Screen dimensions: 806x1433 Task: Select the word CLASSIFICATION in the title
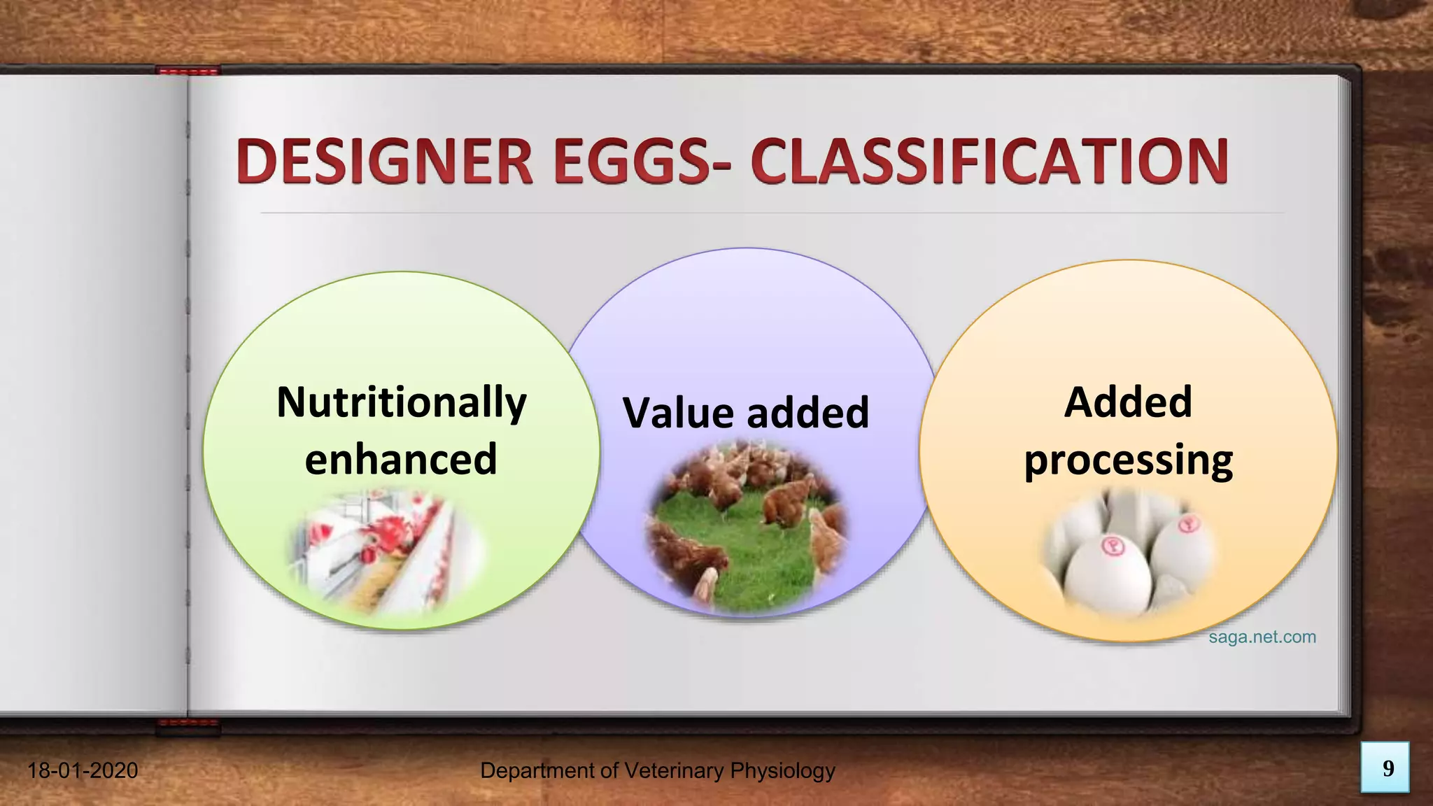click(x=989, y=162)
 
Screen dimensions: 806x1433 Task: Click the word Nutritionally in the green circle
click(x=401, y=403)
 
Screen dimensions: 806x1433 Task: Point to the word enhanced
click(x=401, y=460)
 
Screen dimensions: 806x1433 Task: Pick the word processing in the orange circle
click(x=1128, y=461)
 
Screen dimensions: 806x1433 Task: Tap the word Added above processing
click(x=1128, y=402)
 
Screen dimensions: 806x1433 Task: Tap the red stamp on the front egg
click(x=1112, y=546)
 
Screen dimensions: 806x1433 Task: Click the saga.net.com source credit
click(x=1262, y=637)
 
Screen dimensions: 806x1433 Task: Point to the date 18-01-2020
click(x=83, y=771)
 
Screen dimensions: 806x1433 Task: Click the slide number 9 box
click(x=1385, y=768)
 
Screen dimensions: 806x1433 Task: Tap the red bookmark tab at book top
click(x=188, y=71)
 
